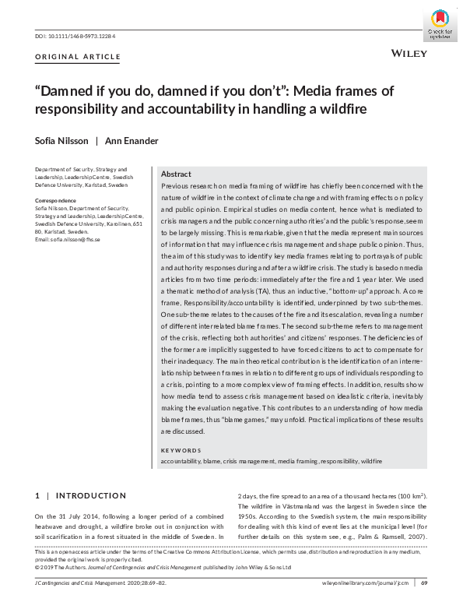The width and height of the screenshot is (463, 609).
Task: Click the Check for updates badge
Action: pyautogui.click(x=440, y=26)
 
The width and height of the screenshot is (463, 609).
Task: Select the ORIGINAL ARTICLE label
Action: pyautogui.click(x=78, y=57)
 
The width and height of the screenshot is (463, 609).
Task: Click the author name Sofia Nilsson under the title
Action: pyautogui.click(x=59, y=141)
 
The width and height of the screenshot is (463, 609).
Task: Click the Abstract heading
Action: pyautogui.click(x=176, y=174)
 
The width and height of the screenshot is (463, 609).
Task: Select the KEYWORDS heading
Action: pyautogui.click(x=180, y=450)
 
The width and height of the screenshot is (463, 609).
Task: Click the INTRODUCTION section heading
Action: pyautogui.click(x=91, y=495)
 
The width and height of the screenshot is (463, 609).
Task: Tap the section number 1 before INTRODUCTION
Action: pyautogui.click(x=37, y=495)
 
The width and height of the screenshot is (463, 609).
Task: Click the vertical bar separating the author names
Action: pyautogui.click(x=96, y=141)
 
